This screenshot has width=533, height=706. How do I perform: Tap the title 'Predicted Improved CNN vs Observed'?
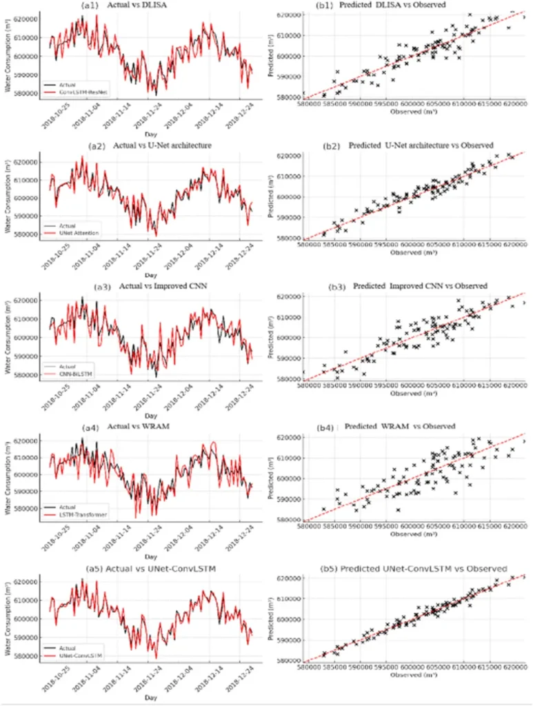pyautogui.click(x=421, y=285)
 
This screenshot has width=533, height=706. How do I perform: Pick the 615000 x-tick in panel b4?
pyautogui.click(x=488, y=525)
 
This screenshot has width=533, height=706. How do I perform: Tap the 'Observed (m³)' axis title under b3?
pyautogui.click(x=414, y=393)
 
